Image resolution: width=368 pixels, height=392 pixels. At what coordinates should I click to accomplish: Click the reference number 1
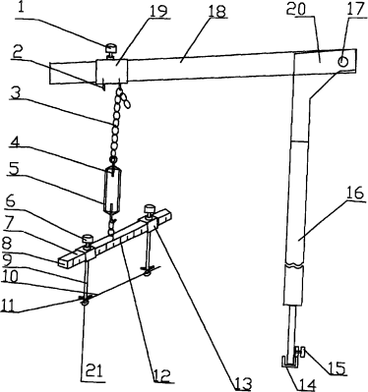pyautogui.click(x=22, y=8)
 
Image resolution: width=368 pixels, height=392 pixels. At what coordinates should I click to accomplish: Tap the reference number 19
pyautogui.click(x=158, y=11)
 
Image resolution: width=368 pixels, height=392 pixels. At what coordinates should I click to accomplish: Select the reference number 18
pyautogui.click(x=216, y=11)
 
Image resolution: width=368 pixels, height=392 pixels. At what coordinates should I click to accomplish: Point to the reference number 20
pyautogui.click(x=296, y=9)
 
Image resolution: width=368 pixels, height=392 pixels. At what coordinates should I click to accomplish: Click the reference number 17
pyautogui.click(x=355, y=9)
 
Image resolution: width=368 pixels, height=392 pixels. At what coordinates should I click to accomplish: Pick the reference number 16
pyautogui.click(x=355, y=193)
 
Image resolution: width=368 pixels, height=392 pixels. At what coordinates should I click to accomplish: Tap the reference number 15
pyautogui.click(x=338, y=368)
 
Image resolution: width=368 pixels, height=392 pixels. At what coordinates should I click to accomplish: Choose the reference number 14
pyautogui.click(x=307, y=384)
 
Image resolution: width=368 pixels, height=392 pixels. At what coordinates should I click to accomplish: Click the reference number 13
pyautogui.click(x=243, y=384)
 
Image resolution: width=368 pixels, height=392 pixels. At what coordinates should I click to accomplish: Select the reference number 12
pyautogui.click(x=161, y=375)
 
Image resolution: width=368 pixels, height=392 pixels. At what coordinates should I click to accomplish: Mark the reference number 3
pyautogui.click(x=15, y=93)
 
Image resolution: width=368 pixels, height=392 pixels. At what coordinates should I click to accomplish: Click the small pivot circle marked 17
pyautogui.click(x=342, y=61)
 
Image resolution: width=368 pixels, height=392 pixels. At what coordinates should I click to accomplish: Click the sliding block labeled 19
pyautogui.click(x=112, y=70)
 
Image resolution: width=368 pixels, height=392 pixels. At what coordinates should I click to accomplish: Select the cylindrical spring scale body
pyautogui.click(x=112, y=190)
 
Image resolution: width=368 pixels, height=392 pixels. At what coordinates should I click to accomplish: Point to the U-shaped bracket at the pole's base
pyautogui.click(x=289, y=363)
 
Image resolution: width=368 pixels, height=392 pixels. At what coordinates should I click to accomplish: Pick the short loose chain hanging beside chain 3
pyautogui.click(x=125, y=97)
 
